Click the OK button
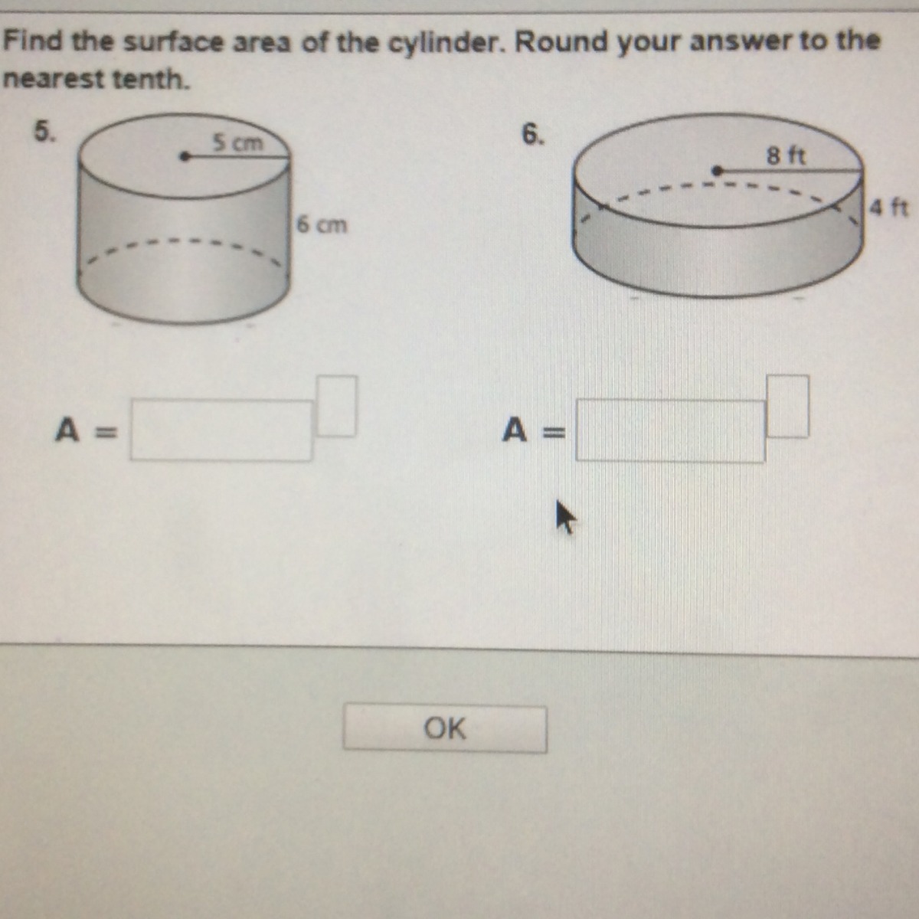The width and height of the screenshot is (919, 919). (445, 729)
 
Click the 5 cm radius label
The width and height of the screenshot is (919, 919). (237, 142)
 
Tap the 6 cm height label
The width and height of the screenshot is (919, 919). (322, 224)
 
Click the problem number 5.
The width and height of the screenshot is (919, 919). (44, 131)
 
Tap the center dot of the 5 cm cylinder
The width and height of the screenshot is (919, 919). (184, 156)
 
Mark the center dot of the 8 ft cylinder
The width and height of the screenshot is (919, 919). (717, 170)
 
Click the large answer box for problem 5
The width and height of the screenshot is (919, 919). (222, 430)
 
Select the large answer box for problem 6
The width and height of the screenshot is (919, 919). (671, 431)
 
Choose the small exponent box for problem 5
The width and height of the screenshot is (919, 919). (336, 406)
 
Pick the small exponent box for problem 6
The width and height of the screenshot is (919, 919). (787, 407)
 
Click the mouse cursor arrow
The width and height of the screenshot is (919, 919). (565, 517)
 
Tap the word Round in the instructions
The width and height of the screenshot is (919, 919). (562, 42)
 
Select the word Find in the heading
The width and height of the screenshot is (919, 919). (32, 41)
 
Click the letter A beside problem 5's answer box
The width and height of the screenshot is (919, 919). (67, 430)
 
